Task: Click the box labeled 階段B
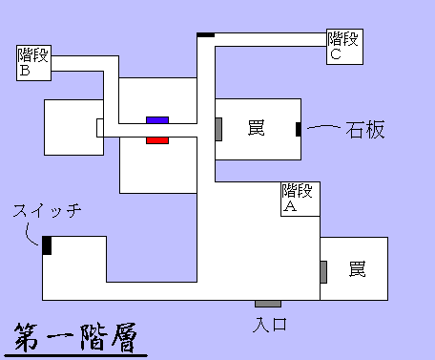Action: [31, 63]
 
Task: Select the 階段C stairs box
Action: [344, 46]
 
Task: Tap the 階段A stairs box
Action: [299, 198]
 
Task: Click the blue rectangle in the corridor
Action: [157, 119]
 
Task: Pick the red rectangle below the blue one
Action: [157, 139]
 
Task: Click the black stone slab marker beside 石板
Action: [299, 129]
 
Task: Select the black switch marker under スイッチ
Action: [47, 244]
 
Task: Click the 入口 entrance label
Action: [270, 325]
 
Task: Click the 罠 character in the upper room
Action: [256, 129]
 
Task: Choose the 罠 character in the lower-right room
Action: [357, 269]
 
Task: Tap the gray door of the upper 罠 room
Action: [218, 128]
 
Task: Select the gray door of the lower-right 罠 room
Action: [323, 271]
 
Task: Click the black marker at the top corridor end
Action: [205, 35]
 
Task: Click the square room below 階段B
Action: [73, 126]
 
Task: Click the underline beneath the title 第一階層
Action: [76, 354]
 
